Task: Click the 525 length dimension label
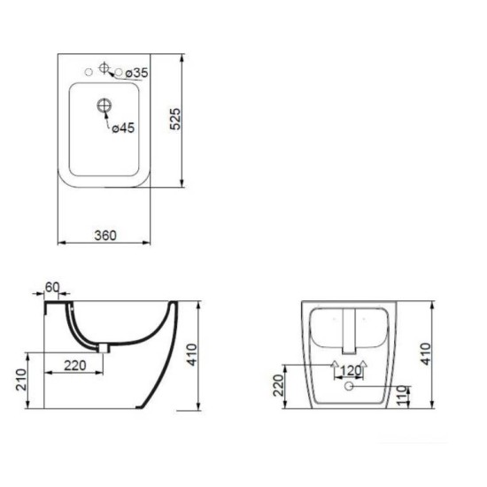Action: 175,119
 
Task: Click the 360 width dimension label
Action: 105,236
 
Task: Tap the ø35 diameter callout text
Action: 136,73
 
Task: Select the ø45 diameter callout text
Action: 123,128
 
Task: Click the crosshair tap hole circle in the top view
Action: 104,67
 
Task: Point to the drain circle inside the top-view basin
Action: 104,105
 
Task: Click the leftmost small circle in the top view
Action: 89,72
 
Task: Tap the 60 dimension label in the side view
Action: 52,287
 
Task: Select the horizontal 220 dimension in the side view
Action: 75,366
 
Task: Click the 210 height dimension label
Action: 21,380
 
